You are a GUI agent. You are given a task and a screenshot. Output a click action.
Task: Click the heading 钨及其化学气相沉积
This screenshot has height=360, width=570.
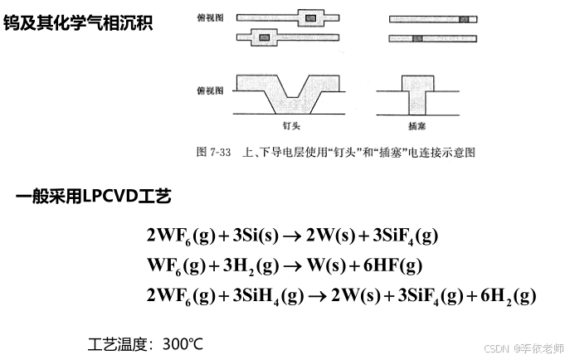coord(78,22)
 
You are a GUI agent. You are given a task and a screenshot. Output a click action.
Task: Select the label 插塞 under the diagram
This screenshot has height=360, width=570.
coord(418,128)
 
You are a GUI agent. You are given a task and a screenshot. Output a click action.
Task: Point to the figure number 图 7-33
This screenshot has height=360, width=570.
coord(213,153)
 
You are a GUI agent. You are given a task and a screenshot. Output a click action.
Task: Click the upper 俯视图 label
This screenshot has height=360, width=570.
coord(207,16)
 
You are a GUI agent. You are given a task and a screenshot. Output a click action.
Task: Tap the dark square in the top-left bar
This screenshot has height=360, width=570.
coord(310,17)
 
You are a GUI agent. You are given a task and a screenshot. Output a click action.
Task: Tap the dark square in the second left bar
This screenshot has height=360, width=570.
coord(266,36)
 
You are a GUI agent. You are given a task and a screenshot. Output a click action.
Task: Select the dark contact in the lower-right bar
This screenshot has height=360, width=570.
coord(418,37)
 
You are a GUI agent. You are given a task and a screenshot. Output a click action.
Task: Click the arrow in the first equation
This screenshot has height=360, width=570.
coord(292,236)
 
